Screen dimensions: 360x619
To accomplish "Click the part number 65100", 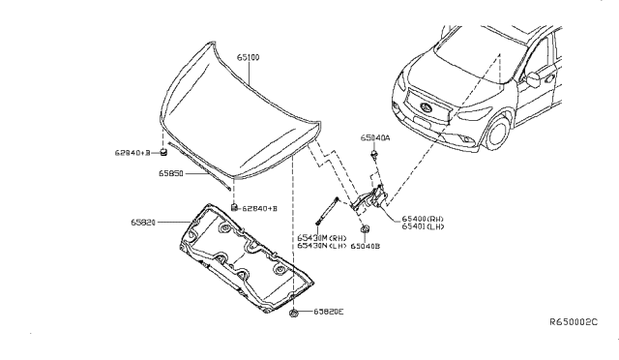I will [x=249, y=58].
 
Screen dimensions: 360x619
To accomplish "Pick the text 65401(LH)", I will [x=424, y=228].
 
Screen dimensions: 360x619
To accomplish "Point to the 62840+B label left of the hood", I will [x=133, y=152].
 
